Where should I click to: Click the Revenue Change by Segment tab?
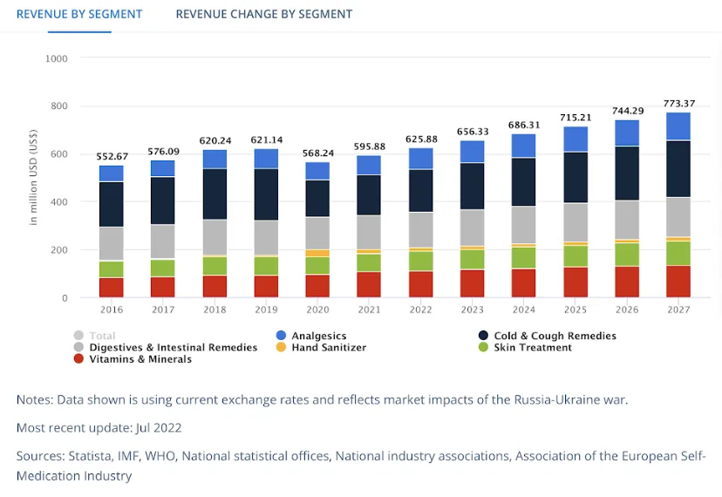(263, 14)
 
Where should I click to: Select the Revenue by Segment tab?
(79, 14)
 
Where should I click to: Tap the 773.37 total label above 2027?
(678, 104)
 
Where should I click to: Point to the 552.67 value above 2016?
(111, 157)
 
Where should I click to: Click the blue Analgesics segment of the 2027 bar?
(678, 126)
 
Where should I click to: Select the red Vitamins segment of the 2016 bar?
(111, 287)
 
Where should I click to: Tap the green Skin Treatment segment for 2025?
(575, 255)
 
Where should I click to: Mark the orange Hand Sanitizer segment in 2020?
(317, 253)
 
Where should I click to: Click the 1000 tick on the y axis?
(56, 58)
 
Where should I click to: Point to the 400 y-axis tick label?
(58, 202)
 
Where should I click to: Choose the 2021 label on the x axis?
(369, 310)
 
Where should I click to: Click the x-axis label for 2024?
(523, 310)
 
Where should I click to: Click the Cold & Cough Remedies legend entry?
(555, 336)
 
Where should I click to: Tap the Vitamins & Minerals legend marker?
(79, 358)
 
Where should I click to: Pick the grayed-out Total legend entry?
(101, 336)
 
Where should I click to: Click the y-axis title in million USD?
(34, 179)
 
